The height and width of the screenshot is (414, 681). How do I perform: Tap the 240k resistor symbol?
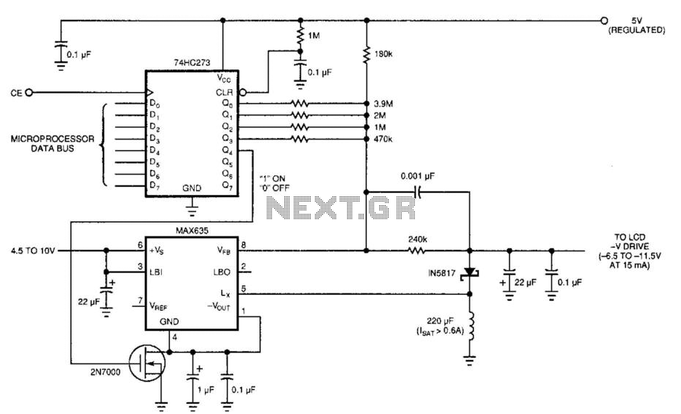tap(416, 250)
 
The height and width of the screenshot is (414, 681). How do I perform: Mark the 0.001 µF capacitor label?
tap(418, 175)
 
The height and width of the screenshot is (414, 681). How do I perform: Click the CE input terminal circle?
tap(28, 93)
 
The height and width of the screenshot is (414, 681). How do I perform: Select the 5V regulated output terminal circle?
tap(603, 20)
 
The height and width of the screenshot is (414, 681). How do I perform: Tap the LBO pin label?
tap(225, 272)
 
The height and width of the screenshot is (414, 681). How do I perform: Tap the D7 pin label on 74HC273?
tap(155, 185)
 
